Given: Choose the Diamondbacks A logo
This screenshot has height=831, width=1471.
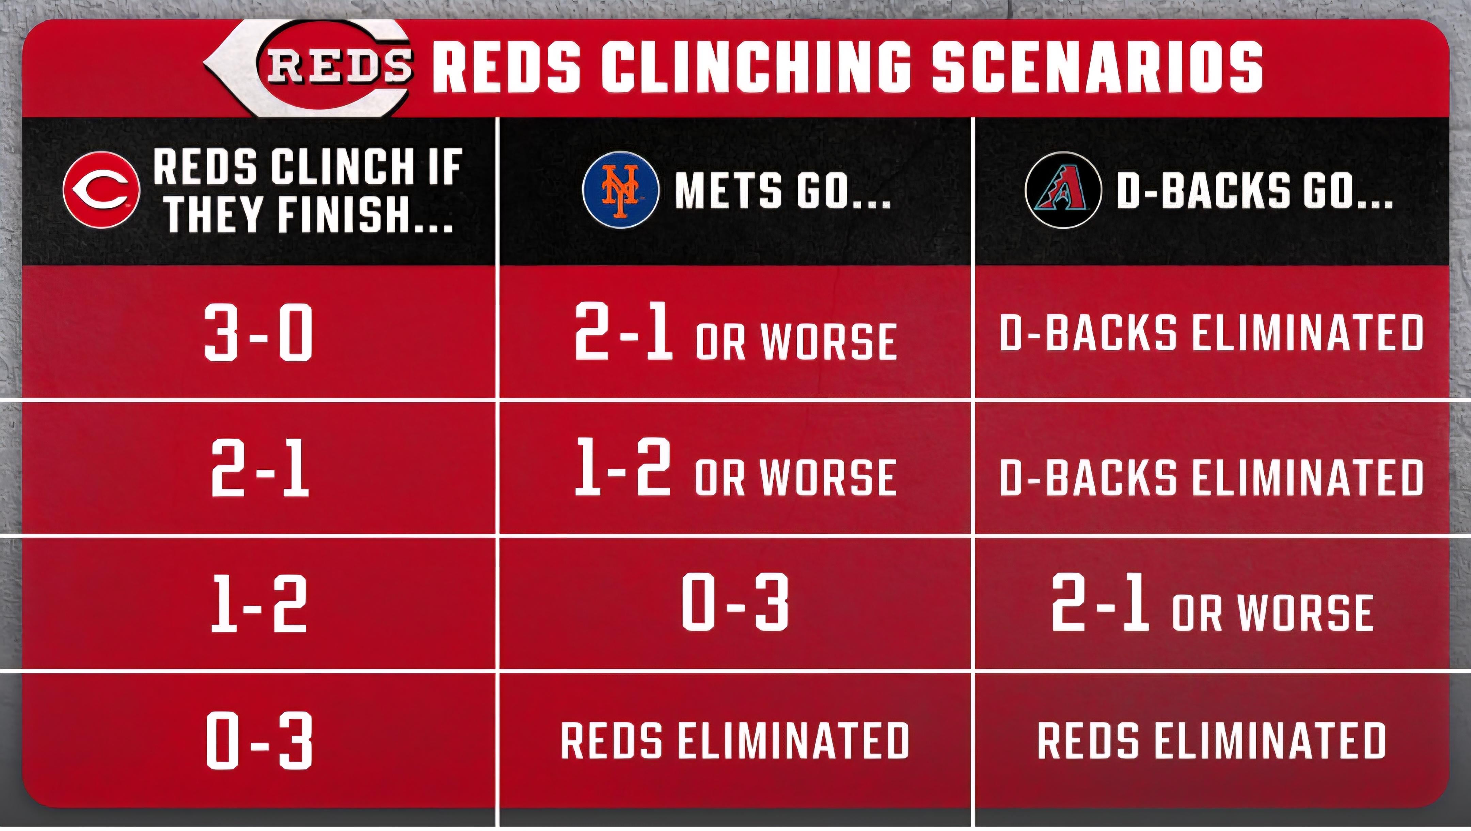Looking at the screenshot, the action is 1063,190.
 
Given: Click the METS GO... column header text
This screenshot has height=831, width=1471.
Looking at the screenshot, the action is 783,190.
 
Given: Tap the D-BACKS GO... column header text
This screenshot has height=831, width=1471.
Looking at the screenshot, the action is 1254,190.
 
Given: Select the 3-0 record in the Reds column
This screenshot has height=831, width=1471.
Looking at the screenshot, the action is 259,332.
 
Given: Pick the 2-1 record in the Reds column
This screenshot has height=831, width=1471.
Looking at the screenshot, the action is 260,468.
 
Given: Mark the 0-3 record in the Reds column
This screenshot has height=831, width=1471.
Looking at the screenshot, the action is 259,740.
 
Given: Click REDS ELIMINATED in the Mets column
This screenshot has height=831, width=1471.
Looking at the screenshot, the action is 735,740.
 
